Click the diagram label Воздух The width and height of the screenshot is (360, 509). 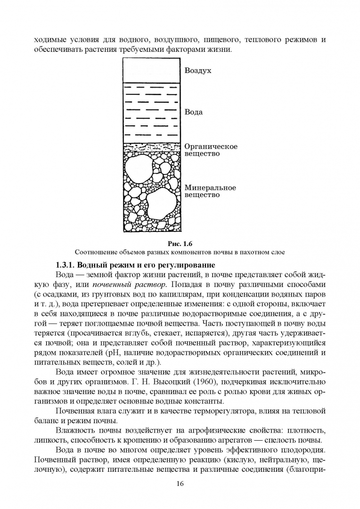point(197,71)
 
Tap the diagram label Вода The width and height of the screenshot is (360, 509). point(194,112)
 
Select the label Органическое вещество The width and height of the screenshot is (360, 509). point(211,150)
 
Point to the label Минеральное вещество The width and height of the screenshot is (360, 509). point(210,191)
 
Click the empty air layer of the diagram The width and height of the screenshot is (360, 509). point(151,70)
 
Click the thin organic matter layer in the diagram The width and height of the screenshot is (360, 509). point(151,146)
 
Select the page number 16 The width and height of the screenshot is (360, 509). point(180,484)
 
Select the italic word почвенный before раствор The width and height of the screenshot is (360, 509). point(112,284)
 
